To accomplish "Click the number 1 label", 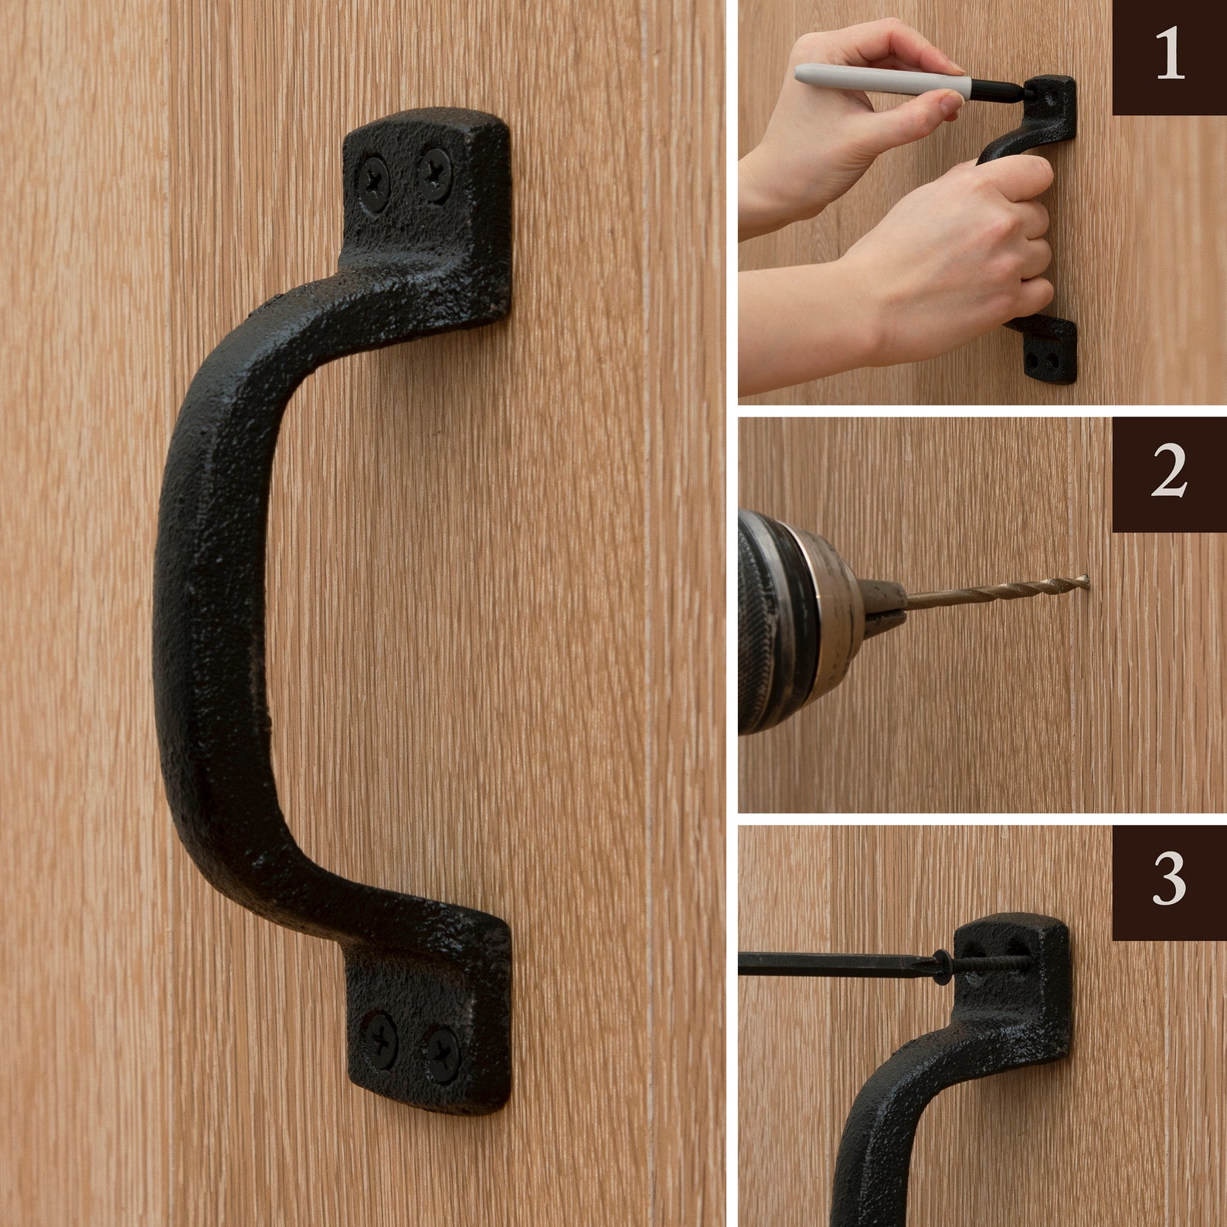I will [1169, 56].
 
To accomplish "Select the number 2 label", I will [1169, 474].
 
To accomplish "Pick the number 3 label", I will [1169, 880].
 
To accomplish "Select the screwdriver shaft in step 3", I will [834, 964].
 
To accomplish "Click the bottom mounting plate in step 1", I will [1049, 352].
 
